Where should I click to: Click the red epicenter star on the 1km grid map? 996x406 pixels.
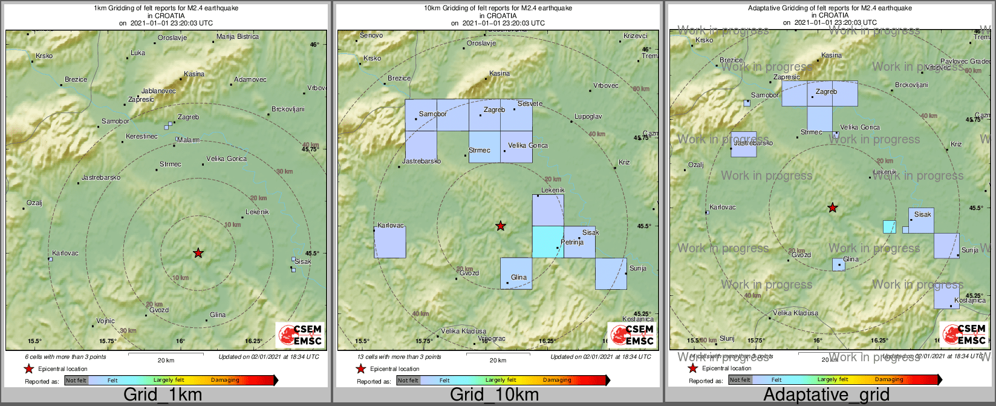tap(198, 253)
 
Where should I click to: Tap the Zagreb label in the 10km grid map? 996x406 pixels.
tap(494, 110)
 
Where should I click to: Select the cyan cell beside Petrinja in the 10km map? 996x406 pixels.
tap(547, 241)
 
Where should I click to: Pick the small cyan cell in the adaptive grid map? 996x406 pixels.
tap(889, 227)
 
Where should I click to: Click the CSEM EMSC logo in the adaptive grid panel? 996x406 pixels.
tap(964, 333)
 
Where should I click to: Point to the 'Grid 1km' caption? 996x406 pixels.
tap(163, 395)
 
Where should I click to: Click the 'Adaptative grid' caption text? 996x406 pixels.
tap(826, 395)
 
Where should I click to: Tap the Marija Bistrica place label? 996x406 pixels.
tap(238, 37)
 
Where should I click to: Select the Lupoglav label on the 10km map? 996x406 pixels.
tap(588, 116)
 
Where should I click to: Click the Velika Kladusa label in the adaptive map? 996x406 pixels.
tap(796, 313)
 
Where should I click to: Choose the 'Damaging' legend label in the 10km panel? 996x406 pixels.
tap(557, 380)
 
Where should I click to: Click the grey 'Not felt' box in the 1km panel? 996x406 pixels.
tap(76, 380)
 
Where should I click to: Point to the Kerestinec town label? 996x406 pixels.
tap(142, 137)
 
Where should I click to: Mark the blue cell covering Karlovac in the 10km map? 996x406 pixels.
tap(389, 242)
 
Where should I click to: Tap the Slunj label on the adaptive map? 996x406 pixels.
tap(727, 339)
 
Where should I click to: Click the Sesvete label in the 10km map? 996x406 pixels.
tap(530, 104)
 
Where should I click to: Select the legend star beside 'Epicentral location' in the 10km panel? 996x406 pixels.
tap(361, 368)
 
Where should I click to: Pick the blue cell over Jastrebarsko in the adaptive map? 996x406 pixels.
tap(743, 144)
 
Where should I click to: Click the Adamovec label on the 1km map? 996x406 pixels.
tap(250, 80)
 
